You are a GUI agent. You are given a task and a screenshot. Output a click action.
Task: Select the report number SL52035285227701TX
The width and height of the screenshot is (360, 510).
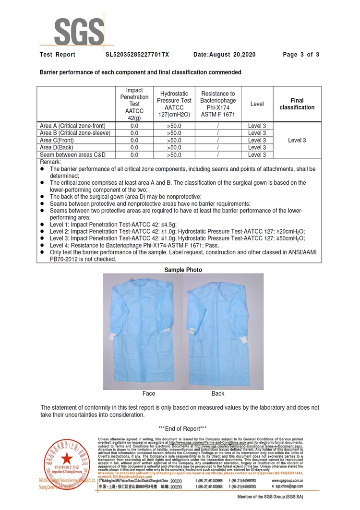coord(137,55)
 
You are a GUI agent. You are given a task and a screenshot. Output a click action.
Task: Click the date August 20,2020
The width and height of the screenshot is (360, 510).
coord(224,55)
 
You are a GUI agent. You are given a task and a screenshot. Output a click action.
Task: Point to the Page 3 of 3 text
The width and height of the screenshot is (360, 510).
coord(301,55)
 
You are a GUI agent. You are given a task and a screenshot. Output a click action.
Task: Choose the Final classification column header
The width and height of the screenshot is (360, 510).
coord(297,104)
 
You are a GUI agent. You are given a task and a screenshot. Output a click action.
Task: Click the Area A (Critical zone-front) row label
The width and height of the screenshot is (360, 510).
coord(75,126)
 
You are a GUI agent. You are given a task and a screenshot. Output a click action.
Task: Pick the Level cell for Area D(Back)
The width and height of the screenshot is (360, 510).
coord(257,147)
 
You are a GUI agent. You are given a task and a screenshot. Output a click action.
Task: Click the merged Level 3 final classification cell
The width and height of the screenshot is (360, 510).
coord(297,140)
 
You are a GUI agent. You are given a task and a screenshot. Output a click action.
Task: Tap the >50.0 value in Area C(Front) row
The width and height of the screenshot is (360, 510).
coord(174,140)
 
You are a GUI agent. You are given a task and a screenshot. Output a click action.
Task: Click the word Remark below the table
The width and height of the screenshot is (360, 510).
coord(50,162)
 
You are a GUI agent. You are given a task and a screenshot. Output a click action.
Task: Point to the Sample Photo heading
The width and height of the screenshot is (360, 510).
coord(183,270)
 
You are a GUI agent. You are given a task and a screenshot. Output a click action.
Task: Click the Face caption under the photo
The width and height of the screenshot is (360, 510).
coord(149,393)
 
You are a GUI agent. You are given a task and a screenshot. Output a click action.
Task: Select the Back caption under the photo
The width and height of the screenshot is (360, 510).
coord(218,393)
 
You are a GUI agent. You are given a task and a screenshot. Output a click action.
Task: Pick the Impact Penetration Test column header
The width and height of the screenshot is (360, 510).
coord(134,104)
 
